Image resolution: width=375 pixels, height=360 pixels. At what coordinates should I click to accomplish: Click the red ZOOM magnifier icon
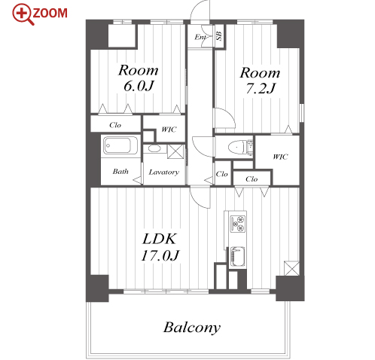coord(22,14)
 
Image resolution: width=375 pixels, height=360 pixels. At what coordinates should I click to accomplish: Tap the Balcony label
coord(192,328)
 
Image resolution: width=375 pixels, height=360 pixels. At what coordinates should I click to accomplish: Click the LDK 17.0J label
coord(160,247)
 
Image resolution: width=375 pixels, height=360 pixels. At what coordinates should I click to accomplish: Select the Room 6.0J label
coord(139,78)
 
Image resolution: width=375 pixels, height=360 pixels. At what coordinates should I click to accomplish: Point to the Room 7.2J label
coord(260,81)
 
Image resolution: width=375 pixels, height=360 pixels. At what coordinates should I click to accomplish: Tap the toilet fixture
coord(237,147)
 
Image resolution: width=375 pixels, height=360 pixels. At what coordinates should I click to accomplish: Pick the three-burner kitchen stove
coord(237,224)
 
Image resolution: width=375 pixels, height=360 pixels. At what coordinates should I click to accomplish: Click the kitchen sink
coord(237,257)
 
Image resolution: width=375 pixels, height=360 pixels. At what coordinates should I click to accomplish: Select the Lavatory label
coord(164,172)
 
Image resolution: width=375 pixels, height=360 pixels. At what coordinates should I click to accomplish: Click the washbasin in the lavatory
coord(154,148)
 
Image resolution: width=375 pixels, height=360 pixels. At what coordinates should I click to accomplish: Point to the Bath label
coord(120,172)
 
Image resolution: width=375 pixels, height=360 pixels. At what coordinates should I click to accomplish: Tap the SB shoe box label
coord(219,36)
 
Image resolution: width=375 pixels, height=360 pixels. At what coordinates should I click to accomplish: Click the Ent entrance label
coord(200,38)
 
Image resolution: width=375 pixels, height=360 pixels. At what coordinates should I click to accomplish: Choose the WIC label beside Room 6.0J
coord(169,130)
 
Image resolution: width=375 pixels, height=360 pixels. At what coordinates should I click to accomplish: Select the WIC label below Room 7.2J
coord(280,157)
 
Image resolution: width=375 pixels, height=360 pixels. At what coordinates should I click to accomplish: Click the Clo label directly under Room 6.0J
coord(115,125)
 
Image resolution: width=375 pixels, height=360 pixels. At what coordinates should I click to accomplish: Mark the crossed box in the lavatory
coord(175,151)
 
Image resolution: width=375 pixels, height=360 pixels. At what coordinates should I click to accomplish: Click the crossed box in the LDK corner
coord(291,268)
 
